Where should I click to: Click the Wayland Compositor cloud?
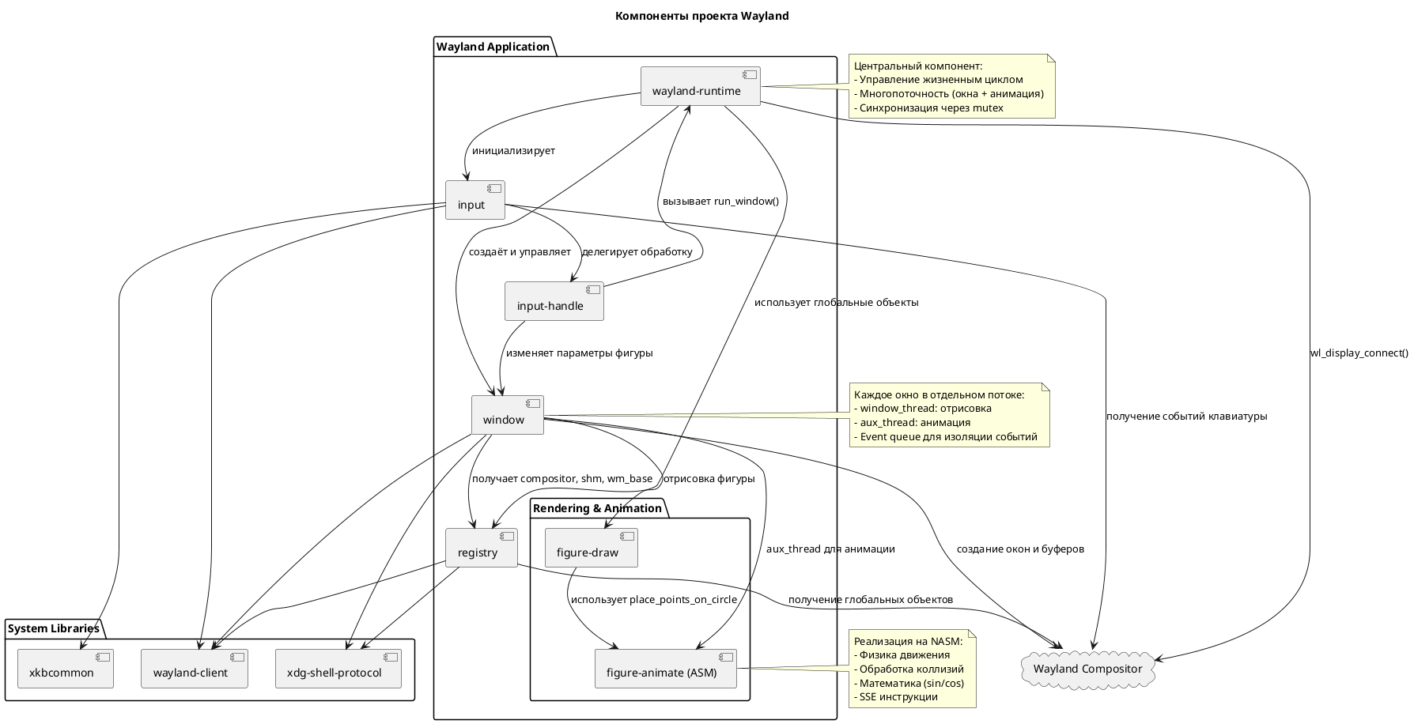click(x=1087, y=669)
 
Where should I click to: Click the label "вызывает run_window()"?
click(x=720, y=202)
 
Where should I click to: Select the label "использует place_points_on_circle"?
click(x=653, y=599)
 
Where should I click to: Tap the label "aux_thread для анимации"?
click(x=830, y=549)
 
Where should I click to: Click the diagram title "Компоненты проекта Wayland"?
click(x=701, y=16)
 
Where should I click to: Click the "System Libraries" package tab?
click(x=54, y=628)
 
